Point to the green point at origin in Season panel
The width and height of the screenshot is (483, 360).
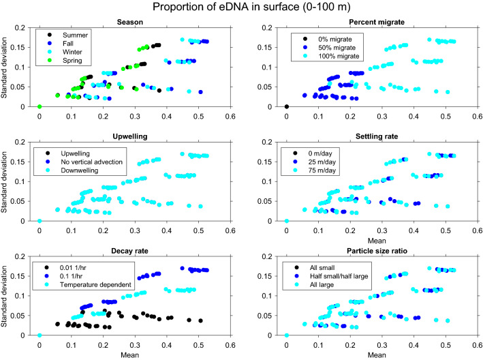(x=40, y=106)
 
